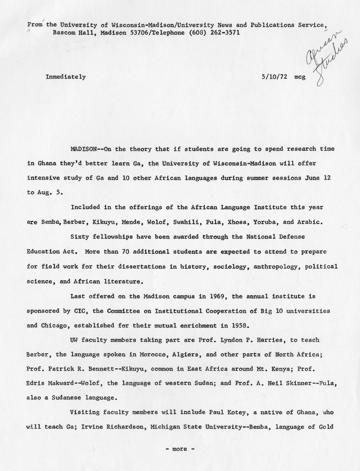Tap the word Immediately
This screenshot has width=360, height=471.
click(66, 77)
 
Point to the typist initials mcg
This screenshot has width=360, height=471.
click(300, 77)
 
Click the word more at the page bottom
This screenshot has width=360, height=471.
click(179, 449)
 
